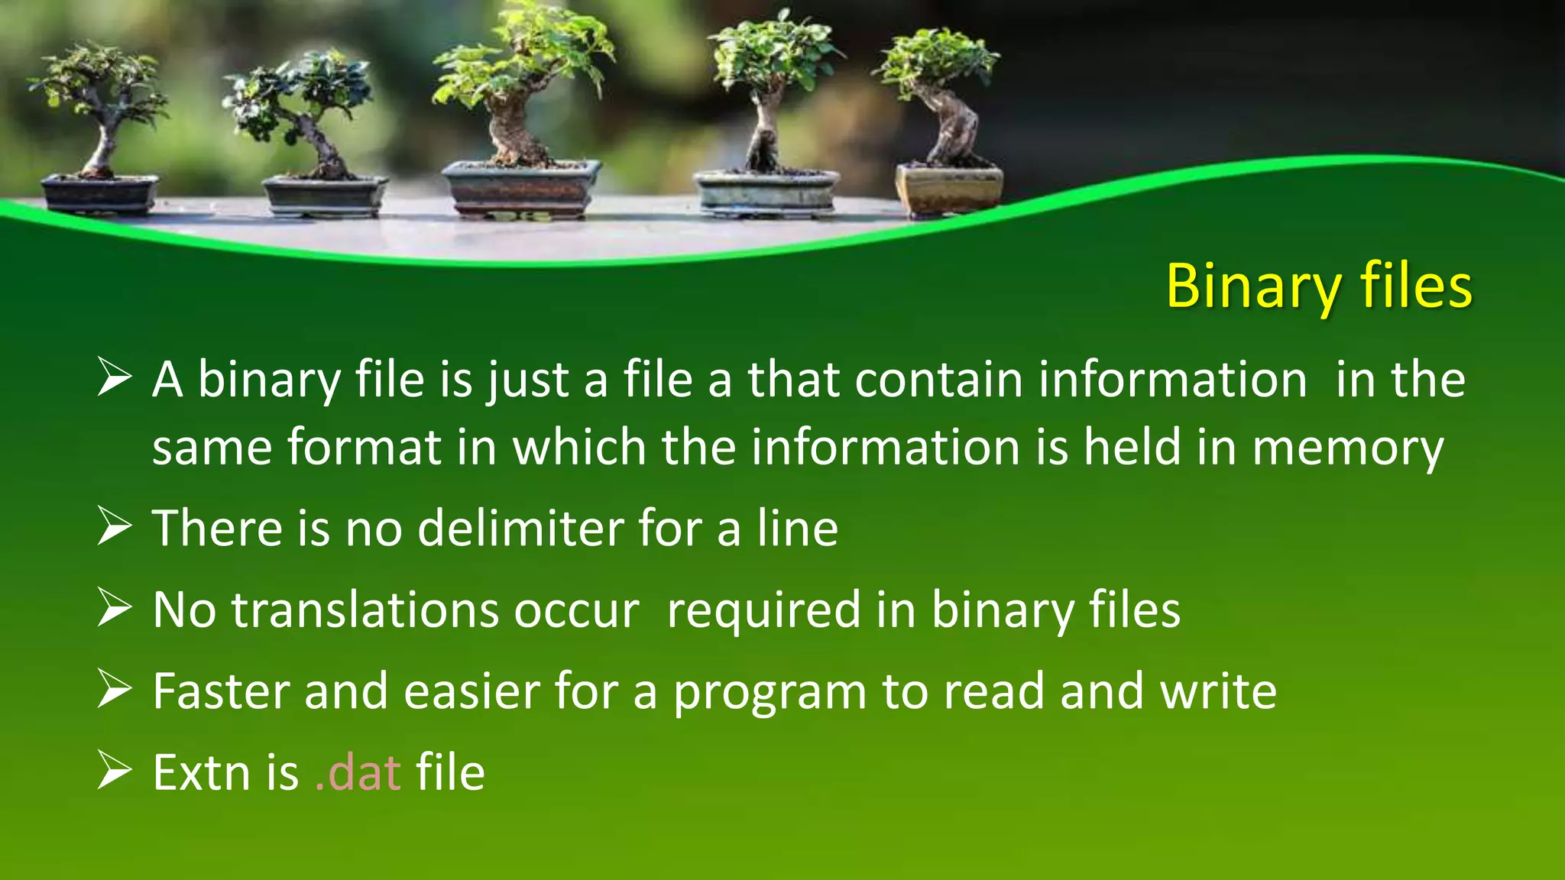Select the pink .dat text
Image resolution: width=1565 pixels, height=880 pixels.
[358, 772]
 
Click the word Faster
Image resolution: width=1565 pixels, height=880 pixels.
[220, 691]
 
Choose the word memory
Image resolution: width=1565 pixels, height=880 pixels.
[1347, 448]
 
